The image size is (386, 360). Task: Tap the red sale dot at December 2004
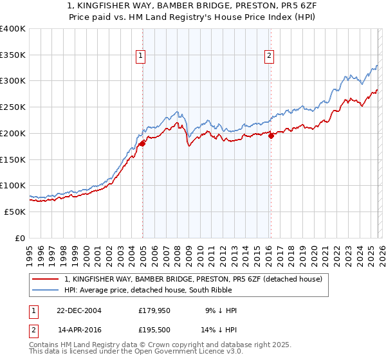[x=142, y=143]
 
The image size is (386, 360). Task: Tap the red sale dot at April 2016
[x=271, y=135]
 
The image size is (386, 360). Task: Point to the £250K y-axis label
[x=12, y=107]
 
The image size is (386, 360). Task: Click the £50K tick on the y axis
[x=15, y=212]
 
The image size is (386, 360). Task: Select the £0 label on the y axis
[x=20, y=238]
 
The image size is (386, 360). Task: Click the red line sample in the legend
[x=46, y=280]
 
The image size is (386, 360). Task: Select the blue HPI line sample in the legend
[x=46, y=291]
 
